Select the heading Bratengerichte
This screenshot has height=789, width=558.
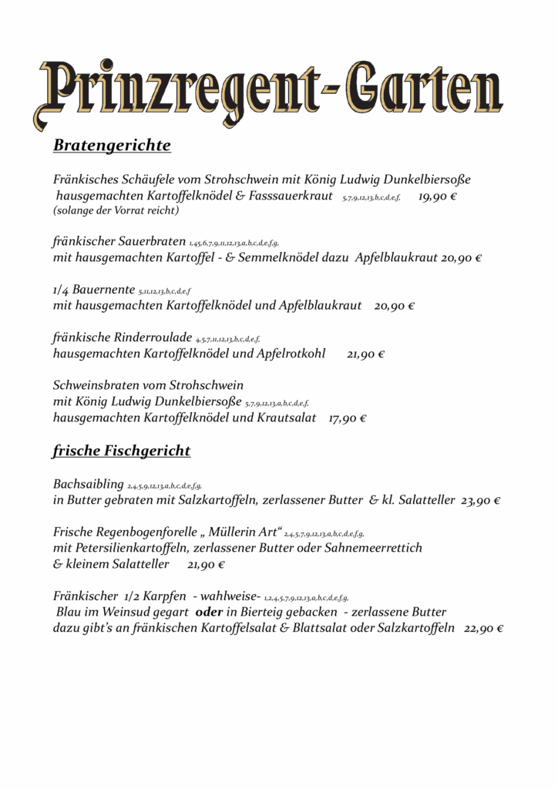112,146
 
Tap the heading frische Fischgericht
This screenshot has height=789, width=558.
122,451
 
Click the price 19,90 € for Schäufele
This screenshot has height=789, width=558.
438,196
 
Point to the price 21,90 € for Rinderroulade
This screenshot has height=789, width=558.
365,354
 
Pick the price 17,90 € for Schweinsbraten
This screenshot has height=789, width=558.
347,418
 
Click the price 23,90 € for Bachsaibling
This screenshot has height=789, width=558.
481,501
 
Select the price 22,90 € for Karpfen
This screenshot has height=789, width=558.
484,628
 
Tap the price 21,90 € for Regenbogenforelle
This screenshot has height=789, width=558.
206,565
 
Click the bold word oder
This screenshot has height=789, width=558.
210,612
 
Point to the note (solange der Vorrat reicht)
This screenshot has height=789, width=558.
116,210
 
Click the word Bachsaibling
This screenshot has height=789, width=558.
88,485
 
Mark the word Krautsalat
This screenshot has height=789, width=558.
286,418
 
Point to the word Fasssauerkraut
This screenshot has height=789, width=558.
290,196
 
